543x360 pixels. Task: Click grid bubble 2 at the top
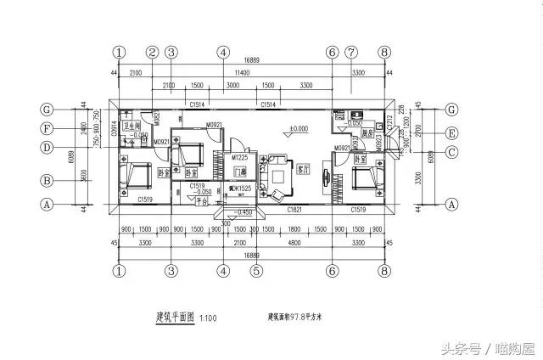click(x=152, y=52)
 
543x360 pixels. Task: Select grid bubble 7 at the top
click(x=351, y=52)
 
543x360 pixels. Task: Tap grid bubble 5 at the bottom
click(x=255, y=272)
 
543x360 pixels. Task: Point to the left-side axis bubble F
click(x=48, y=129)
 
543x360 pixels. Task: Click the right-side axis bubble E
click(x=451, y=133)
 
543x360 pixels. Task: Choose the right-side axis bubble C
click(x=451, y=152)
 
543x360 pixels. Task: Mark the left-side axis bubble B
click(x=48, y=180)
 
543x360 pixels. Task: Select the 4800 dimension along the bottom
click(x=294, y=243)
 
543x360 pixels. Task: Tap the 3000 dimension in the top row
click(x=232, y=87)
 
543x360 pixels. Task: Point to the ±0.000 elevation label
click(x=299, y=129)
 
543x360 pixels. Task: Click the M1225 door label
click(x=242, y=158)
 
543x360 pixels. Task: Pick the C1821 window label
click(x=295, y=208)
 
